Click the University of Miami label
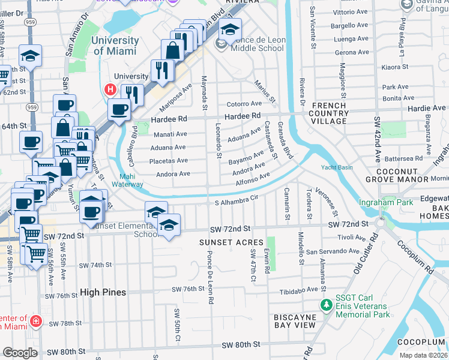(x=116, y=46)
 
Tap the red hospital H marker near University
(x=110, y=90)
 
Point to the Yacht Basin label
(x=337, y=167)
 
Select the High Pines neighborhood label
(x=103, y=292)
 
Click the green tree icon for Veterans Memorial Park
(x=326, y=305)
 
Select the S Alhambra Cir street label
(x=237, y=202)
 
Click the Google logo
(x=20, y=353)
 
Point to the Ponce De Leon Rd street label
(x=211, y=283)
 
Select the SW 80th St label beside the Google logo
(x=65, y=352)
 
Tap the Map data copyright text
(x=423, y=355)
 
